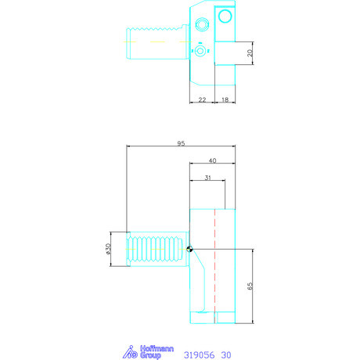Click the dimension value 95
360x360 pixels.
(x=180, y=143)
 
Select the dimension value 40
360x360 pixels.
(x=212, y=160)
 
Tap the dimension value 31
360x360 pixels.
(x=207, y=178)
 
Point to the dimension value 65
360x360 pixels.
(x=250, y=286)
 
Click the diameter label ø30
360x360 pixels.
(x=109, y=250)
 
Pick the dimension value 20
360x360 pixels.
(x=249, y=53)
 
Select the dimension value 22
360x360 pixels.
(x=202, y=100)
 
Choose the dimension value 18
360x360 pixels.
(x=225, y=100)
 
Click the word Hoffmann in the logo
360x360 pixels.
(x=146, y=349)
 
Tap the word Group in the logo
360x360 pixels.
(x=150, y=356)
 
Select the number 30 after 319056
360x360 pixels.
(x=226, y=355)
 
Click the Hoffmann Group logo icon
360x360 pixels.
(x=129, y=353)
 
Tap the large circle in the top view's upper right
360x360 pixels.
(x=225, y=16)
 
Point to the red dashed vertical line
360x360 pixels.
(x=214, y=266)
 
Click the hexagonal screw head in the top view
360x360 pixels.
(x=201, y=23)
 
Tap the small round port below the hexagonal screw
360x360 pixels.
(x=201, y=52)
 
